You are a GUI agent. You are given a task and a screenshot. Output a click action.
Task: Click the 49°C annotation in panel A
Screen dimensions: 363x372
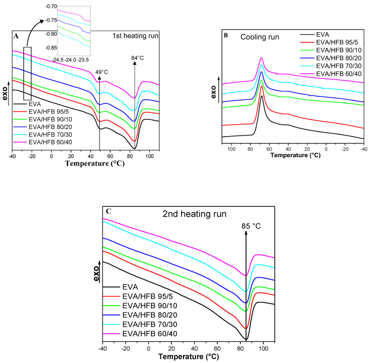coord(102,72)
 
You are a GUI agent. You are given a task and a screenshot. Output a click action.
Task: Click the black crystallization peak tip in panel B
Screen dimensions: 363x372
coord(262,95)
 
